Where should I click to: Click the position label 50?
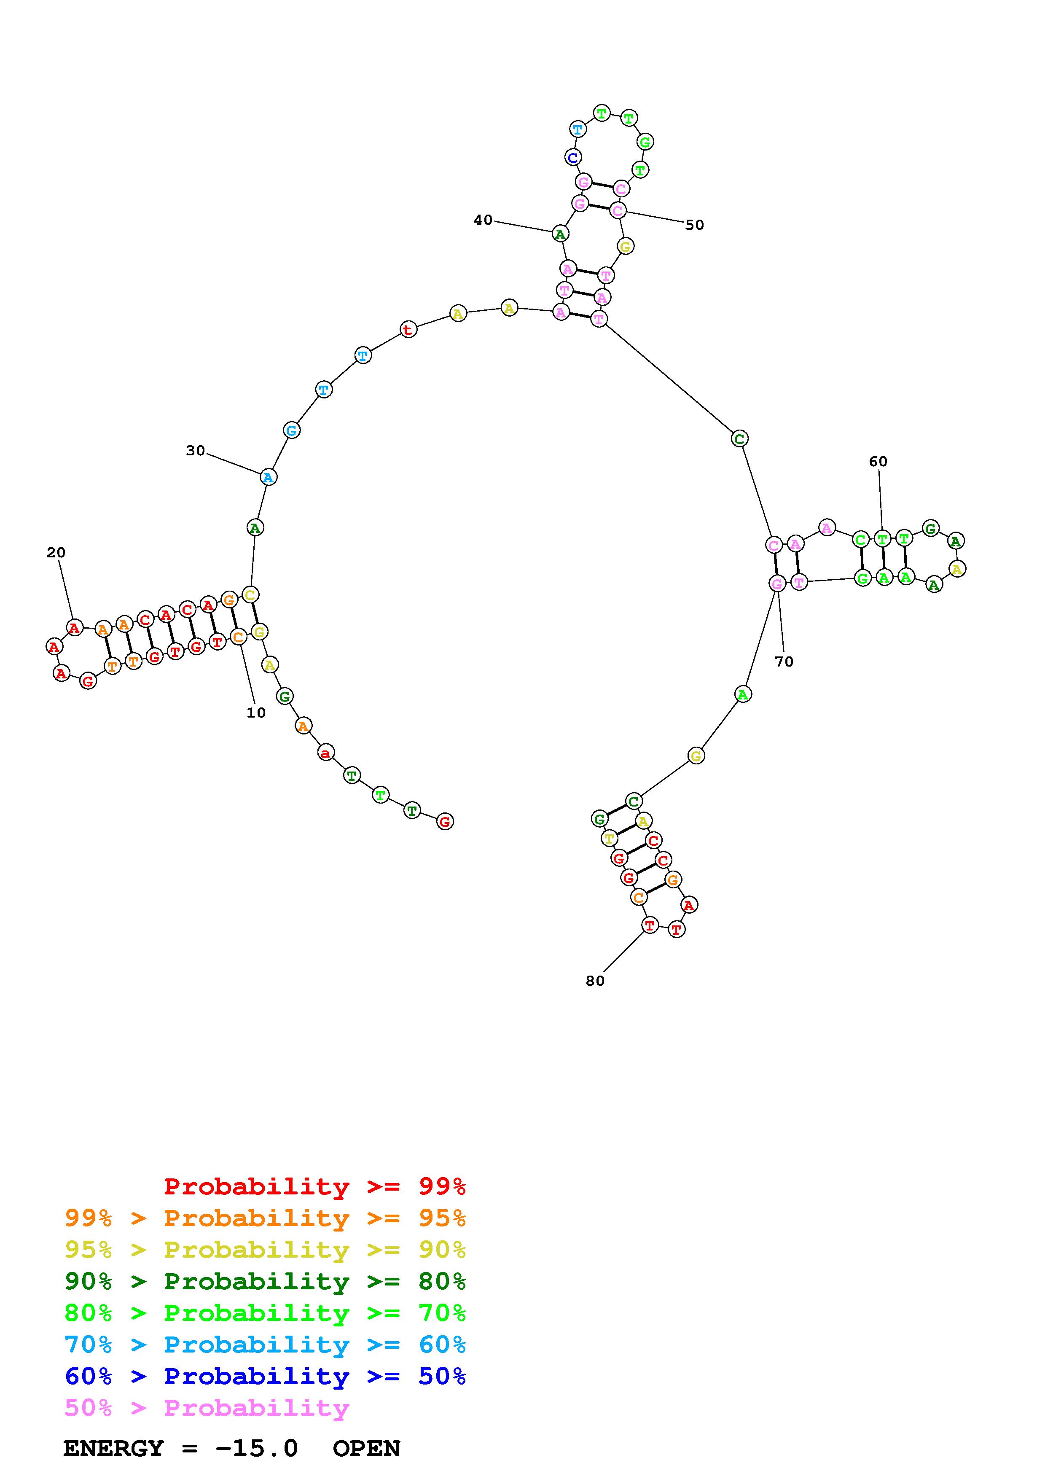[x=694, y=225]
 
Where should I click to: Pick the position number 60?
[x=878, y=461]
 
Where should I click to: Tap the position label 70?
[x=784, y=662]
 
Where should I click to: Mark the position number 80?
[x=595, y=980]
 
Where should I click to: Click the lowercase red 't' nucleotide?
[x=408, y=329]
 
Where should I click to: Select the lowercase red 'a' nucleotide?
[x=326, y=753]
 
